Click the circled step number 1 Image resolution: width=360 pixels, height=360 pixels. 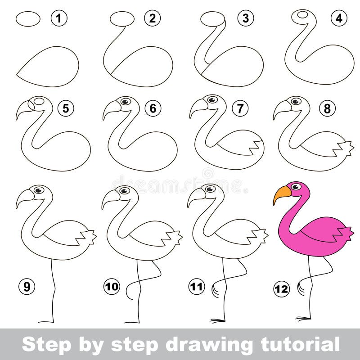point(58,18)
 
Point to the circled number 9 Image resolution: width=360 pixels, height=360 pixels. point(27,287)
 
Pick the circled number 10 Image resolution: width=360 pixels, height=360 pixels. point(112,287)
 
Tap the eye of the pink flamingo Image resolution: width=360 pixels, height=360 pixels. point(297,189)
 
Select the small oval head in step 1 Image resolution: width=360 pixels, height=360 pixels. point(28,18)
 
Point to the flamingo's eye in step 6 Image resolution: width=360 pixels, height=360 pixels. point(126,101)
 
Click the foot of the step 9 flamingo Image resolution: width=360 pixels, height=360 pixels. point(46,322)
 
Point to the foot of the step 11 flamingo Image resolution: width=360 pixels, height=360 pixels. point(218,320)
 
